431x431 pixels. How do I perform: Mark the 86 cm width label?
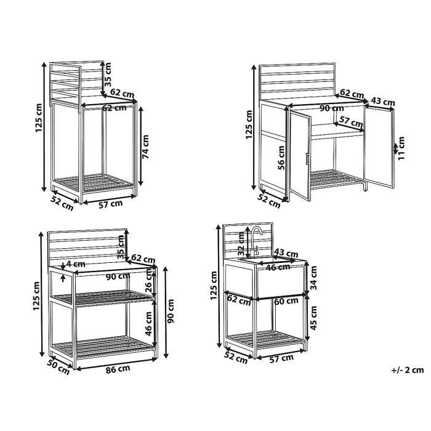[116, 369]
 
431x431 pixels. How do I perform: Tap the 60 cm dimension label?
[286, 301]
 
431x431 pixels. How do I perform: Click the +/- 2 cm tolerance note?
[407, 370]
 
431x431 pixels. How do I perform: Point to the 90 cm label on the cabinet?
[332, 108]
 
